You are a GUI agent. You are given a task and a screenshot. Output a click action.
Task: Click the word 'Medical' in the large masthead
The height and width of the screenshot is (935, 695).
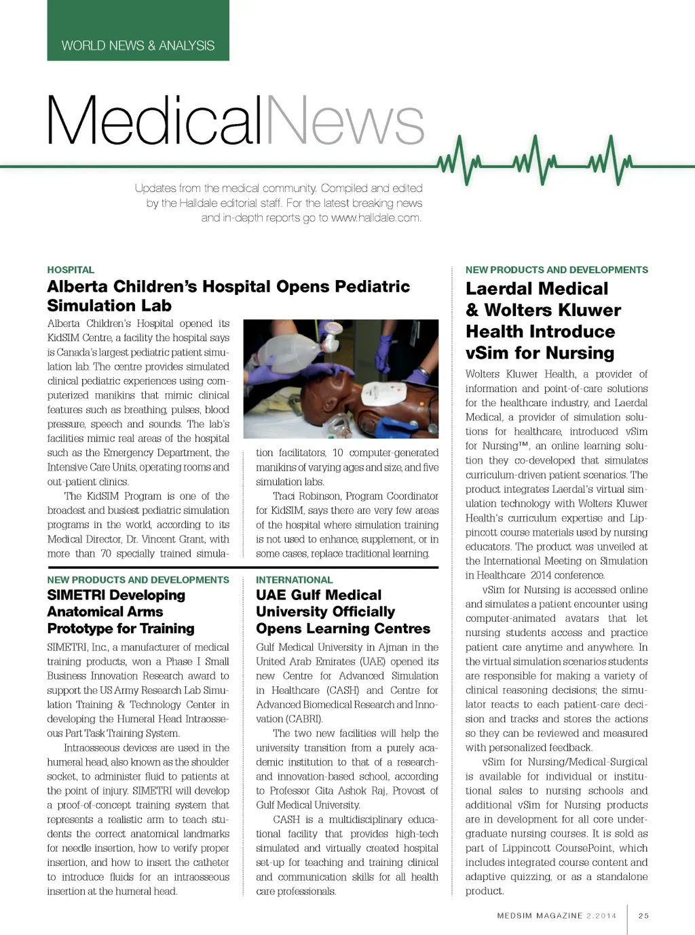coord(155,121)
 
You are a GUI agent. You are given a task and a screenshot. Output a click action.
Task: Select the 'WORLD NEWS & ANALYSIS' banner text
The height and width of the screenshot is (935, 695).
coord(138,45)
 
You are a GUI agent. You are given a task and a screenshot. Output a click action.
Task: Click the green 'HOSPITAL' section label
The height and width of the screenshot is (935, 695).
coord(71,270)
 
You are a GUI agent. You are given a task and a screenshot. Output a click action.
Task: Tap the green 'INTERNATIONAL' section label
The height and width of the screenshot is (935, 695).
coord(294,580)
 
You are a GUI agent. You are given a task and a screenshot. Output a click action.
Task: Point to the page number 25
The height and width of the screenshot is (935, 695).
coord(643,915)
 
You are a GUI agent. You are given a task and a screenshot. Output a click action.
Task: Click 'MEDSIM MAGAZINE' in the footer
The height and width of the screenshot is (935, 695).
coord(540,915)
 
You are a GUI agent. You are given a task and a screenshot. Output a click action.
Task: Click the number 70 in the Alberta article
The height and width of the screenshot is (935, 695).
coord(106,553)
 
